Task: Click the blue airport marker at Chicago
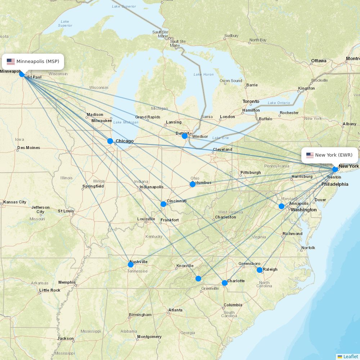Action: [x=110, y=141]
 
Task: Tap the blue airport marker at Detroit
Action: [x=185, y=136]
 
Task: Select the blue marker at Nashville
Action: [x=131, y=265]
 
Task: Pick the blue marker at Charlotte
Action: [x=225, y=283]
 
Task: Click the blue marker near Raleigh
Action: [x=260, y=270]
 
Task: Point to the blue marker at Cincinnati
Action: [x=163, y=204]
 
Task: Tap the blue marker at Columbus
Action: [x=193, y=184]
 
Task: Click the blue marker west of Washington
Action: [x=282, y=206]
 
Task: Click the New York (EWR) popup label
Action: [x=329, y=155]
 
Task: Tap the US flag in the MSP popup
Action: [x=11, y=62]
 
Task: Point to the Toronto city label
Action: [x=251, y=102]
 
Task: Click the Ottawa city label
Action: [x=319, y=60]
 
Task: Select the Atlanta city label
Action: [x=175, y=310]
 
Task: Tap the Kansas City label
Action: [x=15, y=202]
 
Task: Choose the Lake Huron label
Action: [x=203, y=75]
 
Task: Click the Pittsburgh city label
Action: [x=251, y=172]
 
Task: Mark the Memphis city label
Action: [x=67, y=282]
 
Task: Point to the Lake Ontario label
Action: [x=279, y=103]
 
